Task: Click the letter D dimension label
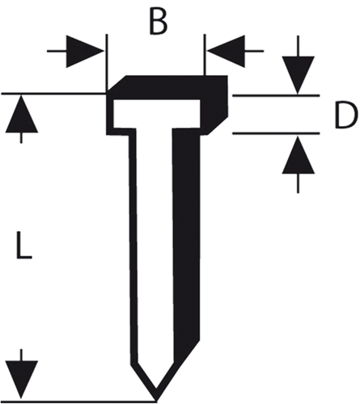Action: pos(346,116)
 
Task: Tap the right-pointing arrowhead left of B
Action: pos(85,51)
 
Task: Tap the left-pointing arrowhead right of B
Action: pos(227,51)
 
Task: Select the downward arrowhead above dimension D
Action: pos(299,75)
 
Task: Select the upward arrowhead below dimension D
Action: pos(299,154)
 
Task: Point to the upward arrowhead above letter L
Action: pos(22,114)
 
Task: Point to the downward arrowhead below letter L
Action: pos(22,379)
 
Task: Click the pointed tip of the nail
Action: pos(156,400)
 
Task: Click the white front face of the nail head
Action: pos(157,113)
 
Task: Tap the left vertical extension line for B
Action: pos(107,63)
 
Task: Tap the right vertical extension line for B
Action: pos(205,55)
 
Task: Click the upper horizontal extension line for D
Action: pos(276,95)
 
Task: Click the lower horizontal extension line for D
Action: pos(276,133)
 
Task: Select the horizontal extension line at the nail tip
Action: pos(78,401)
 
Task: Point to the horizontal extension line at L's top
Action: pos(53,94)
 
